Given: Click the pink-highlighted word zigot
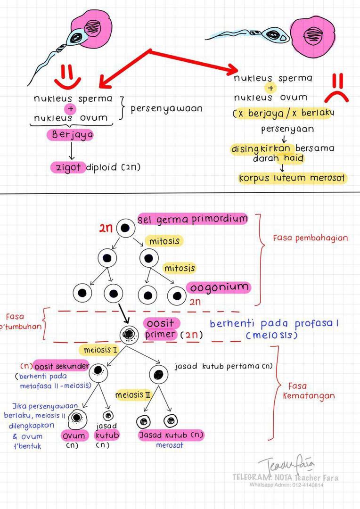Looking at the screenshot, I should tap(68, 167).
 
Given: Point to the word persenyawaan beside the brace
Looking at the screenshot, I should tap(166, 108).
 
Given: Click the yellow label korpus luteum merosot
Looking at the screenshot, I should tap(292, 179).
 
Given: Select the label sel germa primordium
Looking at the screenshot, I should tap(192, 219).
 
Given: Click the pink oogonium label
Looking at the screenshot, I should tap(218, 287).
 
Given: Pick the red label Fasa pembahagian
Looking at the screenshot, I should tap(311, 238).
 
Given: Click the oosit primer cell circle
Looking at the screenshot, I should tap(128, 334).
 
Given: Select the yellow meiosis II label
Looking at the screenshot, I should tap(133, 394).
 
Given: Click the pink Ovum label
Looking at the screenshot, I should tap(74, 436).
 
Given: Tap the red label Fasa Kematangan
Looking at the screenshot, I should tap(309, 390).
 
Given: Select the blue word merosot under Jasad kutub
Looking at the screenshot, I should tap(169, 445).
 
